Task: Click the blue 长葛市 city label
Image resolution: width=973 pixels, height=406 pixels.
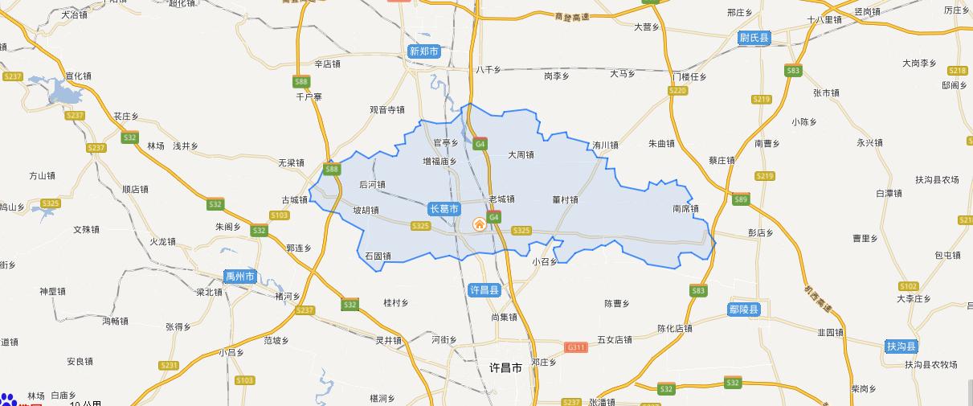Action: pos(444,209)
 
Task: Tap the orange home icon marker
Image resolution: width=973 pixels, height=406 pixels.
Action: pos(480,224)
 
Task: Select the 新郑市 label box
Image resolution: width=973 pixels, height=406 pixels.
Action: pos(424,51)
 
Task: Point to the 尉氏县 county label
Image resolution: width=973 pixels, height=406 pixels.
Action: pos(754,38)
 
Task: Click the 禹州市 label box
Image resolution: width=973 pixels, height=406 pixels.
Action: pos(240,277)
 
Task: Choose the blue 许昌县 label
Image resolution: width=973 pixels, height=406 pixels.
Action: pos(484,289)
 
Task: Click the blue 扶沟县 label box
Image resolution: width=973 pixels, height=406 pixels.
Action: pos(901,346)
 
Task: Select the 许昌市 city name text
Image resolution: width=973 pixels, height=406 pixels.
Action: pos(505,367)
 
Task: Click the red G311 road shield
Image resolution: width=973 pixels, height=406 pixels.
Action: pos(576,347)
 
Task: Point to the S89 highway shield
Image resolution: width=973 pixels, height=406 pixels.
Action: pos(740,199)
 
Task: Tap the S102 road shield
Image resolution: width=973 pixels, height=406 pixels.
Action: pos(909,286)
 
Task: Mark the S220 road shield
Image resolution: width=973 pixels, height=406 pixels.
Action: pos(678,91)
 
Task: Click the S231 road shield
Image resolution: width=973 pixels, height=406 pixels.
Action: pos(169,365)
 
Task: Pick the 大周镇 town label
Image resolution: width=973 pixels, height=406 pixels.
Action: pos(521,155)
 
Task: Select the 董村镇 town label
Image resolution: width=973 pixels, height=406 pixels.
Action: pos(566,199)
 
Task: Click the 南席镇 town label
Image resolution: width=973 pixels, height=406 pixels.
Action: pos(685,209)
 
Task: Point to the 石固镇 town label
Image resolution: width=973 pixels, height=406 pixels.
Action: pos(378,256)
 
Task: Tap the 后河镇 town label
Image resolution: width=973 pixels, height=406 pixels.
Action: pos(372,184)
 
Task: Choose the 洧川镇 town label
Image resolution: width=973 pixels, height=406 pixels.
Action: pos(605,146)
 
